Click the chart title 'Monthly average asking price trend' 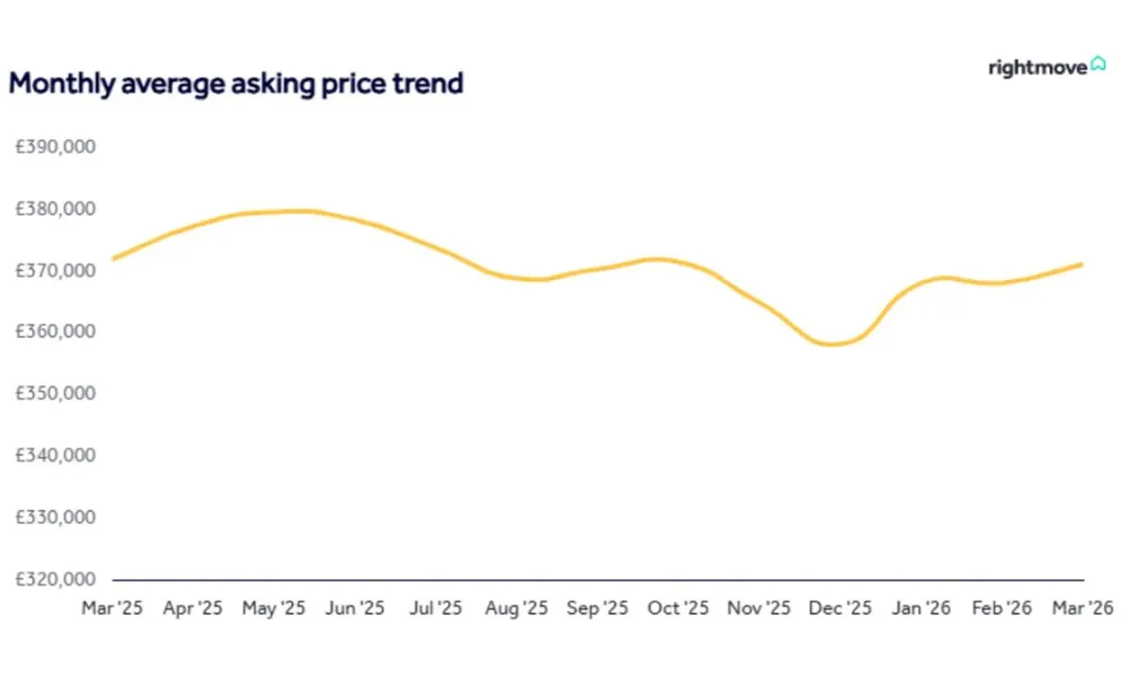click(x=235, y=84)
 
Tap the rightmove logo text click(x=1037, y=68)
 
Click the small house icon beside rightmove click(x=1098, y=64)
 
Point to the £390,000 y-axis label click(x=56, y=147)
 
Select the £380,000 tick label click(x=56, y=209)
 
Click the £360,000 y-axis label click(x=56, y=332)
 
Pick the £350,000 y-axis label click(x=56, y=393)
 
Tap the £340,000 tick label click(x=56, y=455)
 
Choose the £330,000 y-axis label click(x=56, y=517)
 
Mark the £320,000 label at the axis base click(x=56, y=579)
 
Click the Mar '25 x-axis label click(x=112, y=608)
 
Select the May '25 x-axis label click(x=274, y=608)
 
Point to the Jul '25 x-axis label click(x=436, y=608)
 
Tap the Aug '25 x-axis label click(x=516, y=608)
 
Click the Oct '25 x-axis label click(x=679, y=608)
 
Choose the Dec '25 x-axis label click(x=840, y=608)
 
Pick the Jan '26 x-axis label click(x=920, y=608)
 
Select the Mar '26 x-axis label click(x=1083, y=608)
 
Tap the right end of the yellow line click(x=1081, y=264)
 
